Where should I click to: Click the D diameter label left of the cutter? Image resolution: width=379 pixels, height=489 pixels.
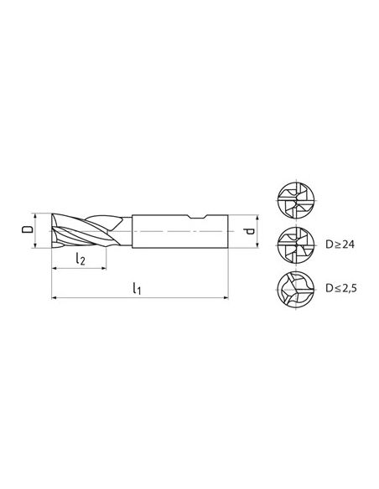27,230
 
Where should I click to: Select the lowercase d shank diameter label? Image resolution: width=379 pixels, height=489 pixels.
249,231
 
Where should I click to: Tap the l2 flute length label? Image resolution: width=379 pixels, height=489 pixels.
80,259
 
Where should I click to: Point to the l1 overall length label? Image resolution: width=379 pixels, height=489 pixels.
137,288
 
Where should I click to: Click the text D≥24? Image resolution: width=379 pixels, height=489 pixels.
340,244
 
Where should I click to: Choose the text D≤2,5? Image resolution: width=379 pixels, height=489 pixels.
341,288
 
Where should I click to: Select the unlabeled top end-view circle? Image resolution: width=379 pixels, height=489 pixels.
296,200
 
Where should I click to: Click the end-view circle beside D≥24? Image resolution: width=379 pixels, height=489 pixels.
296,245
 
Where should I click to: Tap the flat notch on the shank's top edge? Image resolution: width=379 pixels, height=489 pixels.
198,217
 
